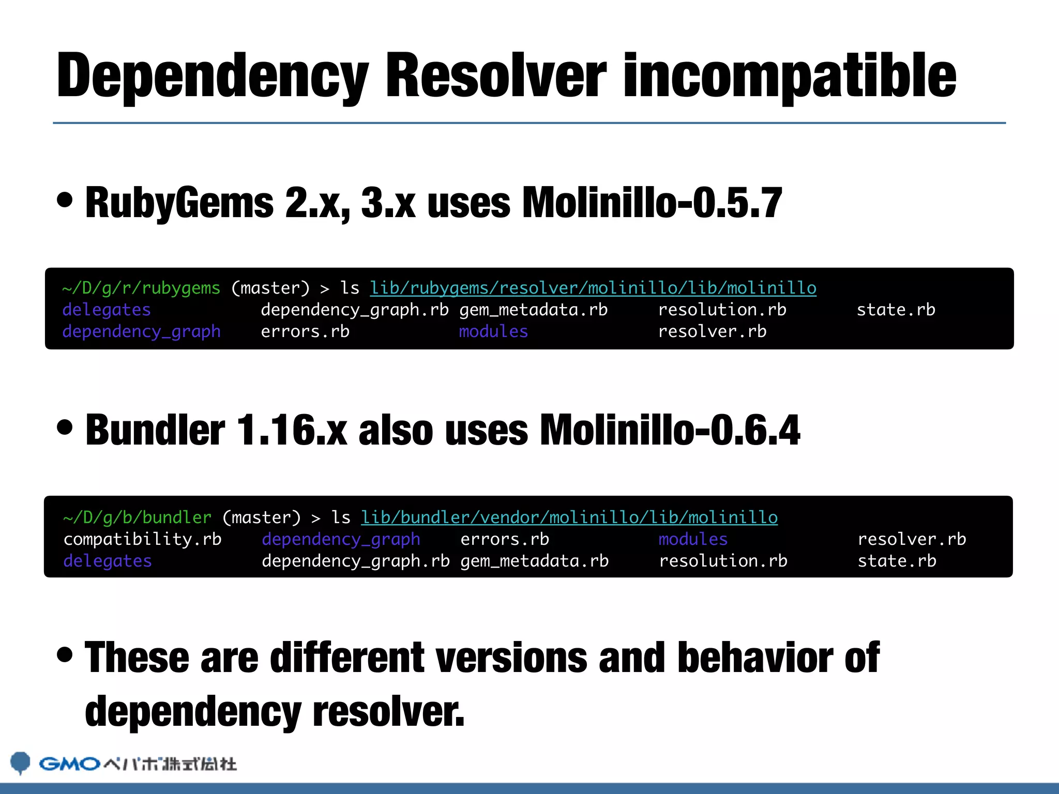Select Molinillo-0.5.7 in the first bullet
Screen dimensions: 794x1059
652,203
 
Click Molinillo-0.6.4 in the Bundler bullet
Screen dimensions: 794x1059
670,430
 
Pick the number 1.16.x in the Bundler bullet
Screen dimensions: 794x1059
292,430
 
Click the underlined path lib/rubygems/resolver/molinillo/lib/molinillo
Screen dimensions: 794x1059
593,288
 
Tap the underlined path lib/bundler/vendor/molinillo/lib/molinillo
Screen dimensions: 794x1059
569,517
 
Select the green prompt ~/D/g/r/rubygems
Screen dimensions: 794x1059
141,288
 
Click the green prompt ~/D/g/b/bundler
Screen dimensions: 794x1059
137,517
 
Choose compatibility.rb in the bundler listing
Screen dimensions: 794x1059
142,539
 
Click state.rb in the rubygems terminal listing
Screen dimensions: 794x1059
896,310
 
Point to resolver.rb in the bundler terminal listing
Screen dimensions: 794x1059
912,539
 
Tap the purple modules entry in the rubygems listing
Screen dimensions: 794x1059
493,331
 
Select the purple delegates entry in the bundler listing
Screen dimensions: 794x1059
108,561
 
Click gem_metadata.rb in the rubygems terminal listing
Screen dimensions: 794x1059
533,310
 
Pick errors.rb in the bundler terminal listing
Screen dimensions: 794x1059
505,539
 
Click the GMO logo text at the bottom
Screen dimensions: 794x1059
69,764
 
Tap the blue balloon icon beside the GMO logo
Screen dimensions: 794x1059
21,762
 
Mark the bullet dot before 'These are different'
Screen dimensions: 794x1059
65,654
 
